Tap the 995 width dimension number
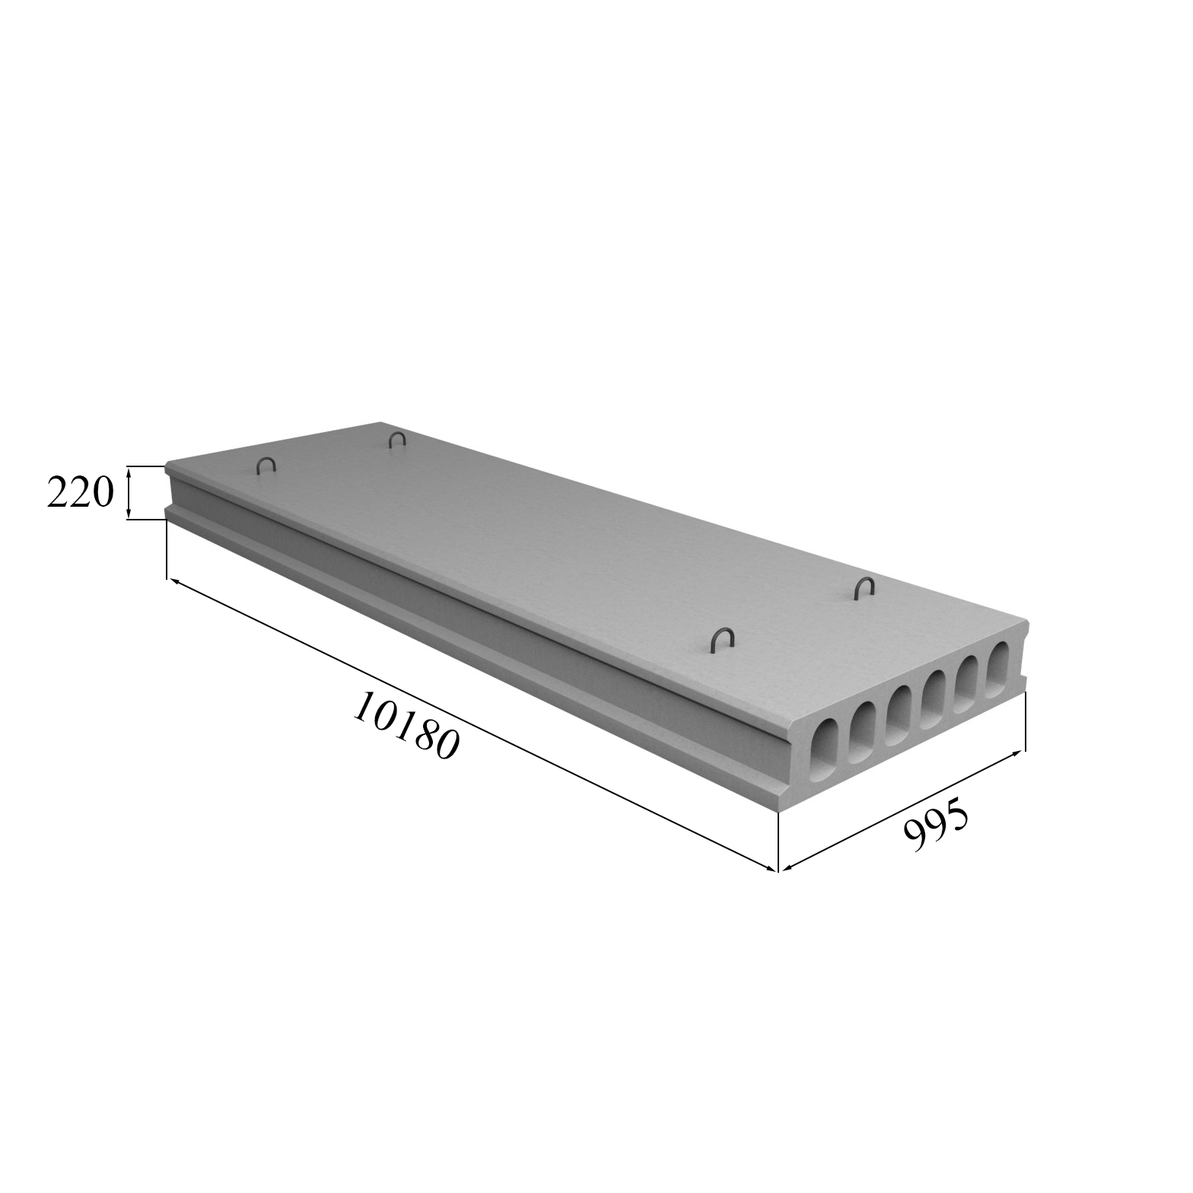(x=936, y=824)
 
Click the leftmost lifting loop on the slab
(x=266, y=466)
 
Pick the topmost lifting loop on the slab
(x=397, y=439)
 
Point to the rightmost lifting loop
(x=864, y=587)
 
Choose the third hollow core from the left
(x=899, y=716)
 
